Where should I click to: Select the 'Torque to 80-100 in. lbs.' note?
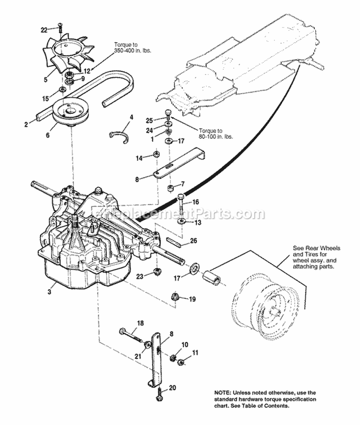click(x=214, y=134)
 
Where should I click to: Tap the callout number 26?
click(x=193, y=241)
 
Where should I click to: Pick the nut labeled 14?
click(x=156, y=155)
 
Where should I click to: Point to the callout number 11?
click(x=195, y=352)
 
